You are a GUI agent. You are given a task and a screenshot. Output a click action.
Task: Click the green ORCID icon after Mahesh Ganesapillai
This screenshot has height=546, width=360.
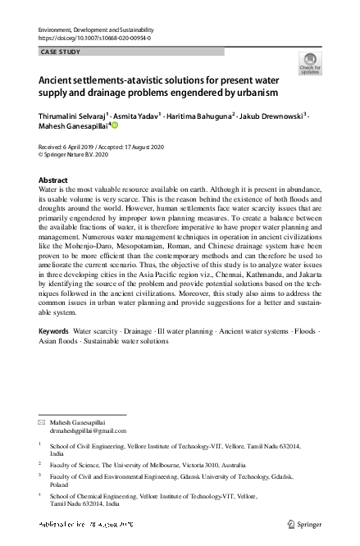tap(115, 125)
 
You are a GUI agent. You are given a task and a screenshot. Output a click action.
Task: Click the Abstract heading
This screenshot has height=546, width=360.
tap(54, 179)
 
